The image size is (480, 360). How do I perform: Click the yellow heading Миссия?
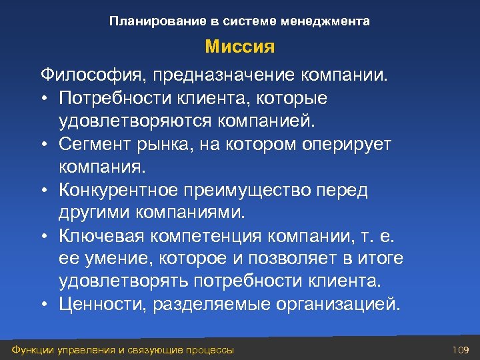click(x=239, y=47)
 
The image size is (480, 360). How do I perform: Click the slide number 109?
click(x=461, y=349)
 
